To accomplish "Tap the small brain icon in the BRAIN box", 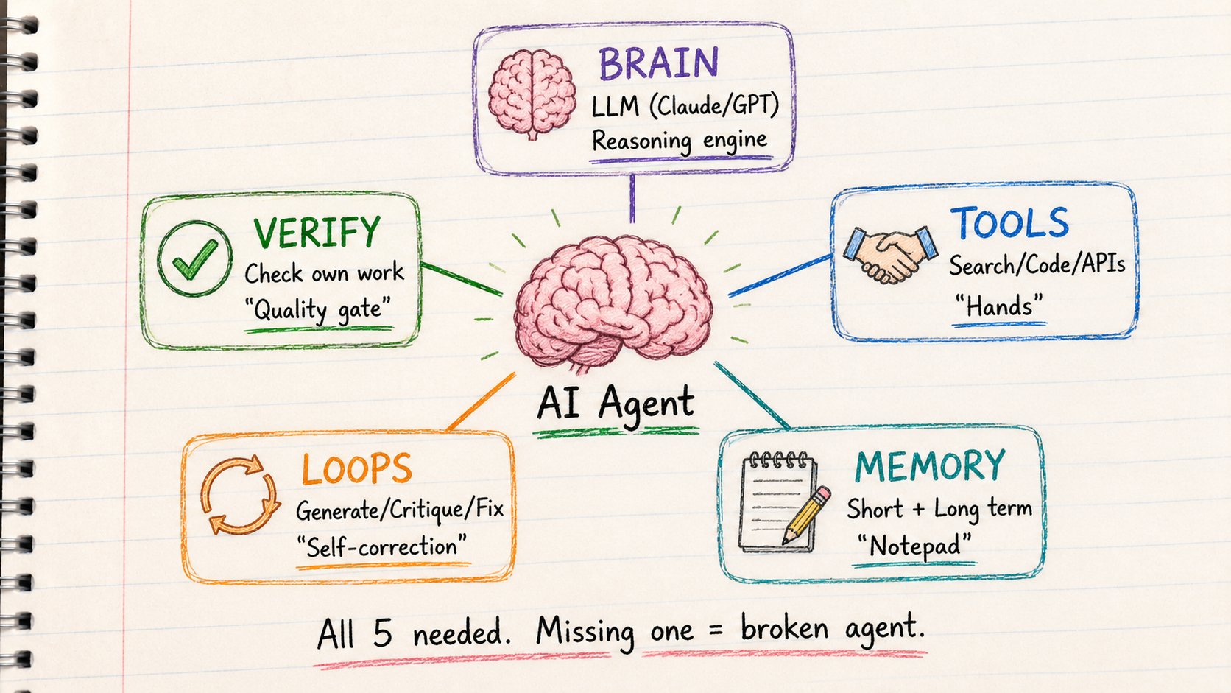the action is (x=532, y=94).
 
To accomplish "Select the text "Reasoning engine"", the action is (x=680, y=141).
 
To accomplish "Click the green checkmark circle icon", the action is (x=194, y=258).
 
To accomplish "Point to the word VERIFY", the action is (x=317, y=232).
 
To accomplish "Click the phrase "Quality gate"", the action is (x=317, y=309).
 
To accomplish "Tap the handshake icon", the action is (x=890, y=255).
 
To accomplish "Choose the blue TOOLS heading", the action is (x=1009, y=222).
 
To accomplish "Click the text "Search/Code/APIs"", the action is (x=1037, y=265).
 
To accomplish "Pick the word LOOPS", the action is (x=356, y=469).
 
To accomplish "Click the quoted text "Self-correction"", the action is (x=381, y=547).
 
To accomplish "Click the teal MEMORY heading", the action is (x=930, y=465).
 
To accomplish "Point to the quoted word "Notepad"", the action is (x=914, y=546).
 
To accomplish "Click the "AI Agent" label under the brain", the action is (x=615, y=404).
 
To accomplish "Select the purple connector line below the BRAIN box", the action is (x=632, y=198).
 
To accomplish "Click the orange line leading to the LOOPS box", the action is (x=481, y=401).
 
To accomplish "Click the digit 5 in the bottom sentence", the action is (x=383, y=633).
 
